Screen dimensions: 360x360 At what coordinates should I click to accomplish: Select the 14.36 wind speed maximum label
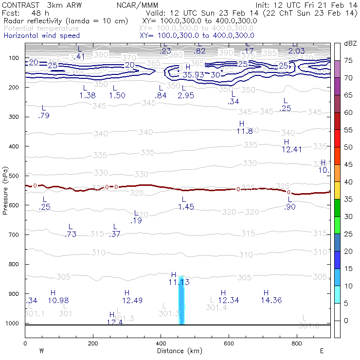click(271, 300)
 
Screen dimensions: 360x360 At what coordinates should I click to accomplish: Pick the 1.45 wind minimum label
click(186, 207)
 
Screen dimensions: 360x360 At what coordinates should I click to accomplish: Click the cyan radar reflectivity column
click(181, 302)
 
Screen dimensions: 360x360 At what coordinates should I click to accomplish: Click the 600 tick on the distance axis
click(229, 343)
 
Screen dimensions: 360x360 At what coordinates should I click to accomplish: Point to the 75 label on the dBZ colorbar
click(348, 60)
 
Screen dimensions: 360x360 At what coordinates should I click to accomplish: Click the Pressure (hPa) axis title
click(5, 190)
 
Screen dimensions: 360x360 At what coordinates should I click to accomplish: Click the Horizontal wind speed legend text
click(41, 36)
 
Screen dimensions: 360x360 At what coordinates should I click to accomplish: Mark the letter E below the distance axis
click(321, 351)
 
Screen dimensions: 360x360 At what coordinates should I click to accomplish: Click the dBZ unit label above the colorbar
click(350, 43)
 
